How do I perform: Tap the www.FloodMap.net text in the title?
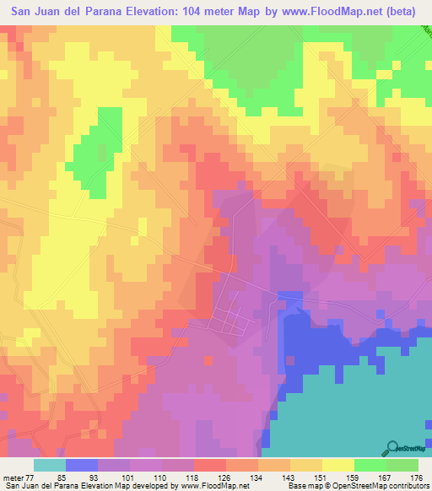point(312,12)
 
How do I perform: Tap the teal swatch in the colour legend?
point(49,465)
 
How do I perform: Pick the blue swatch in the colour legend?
point(81,465)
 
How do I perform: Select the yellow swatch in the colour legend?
point(338,465)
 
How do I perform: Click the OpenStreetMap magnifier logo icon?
point(393,446)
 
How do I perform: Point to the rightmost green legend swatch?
point(402,465)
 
